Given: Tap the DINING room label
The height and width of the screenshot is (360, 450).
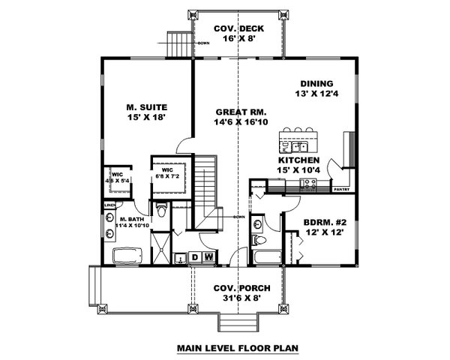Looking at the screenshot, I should (316, 84).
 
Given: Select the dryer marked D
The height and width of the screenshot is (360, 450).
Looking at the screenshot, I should (195, 258).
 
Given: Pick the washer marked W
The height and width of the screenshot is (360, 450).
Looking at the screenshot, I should (208, 258).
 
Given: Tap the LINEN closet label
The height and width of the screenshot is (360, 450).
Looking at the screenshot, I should (109, 204).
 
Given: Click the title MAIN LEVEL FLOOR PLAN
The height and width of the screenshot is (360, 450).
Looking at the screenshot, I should (238, 348).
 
